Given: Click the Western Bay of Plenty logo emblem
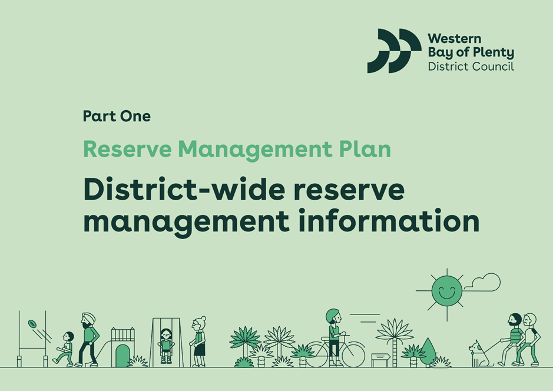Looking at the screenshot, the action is pos(394,51).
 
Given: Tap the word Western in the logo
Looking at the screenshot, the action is pos(454,38).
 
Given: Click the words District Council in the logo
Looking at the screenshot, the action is pos(471,67).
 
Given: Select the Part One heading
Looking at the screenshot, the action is pos(117,116).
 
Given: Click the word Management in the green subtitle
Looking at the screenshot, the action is pos(254,150).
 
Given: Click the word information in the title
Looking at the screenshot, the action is pos(389,221).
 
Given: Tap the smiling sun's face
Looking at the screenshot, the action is pos(447,291).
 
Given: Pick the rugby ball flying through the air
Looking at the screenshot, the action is pos(32,324).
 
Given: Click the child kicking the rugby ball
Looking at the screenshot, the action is pos(65,349).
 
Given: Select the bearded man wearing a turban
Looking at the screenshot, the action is pos(88,340).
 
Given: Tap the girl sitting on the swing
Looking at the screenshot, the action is pos(165,345).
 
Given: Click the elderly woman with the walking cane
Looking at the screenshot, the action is pos(198,342).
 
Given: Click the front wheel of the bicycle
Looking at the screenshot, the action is pos(353,354).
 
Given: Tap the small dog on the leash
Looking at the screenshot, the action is pos(479,354).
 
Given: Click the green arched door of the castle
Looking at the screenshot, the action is pos(122,356).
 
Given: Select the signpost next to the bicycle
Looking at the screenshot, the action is pos(380,360).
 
